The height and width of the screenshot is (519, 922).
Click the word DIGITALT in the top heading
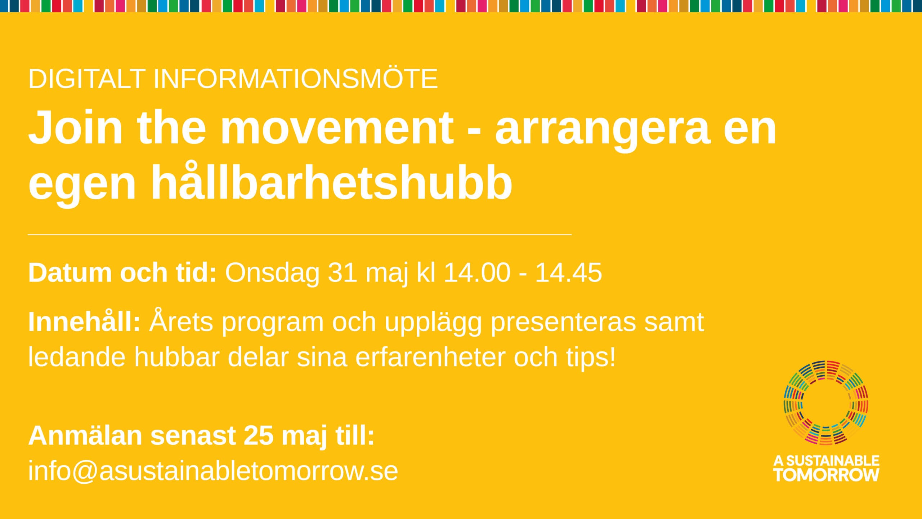[87, 79]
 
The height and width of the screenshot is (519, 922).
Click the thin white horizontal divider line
[300, 235]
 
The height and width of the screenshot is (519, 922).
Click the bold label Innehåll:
[84, 321]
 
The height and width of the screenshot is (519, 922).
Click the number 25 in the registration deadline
[258, 436]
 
